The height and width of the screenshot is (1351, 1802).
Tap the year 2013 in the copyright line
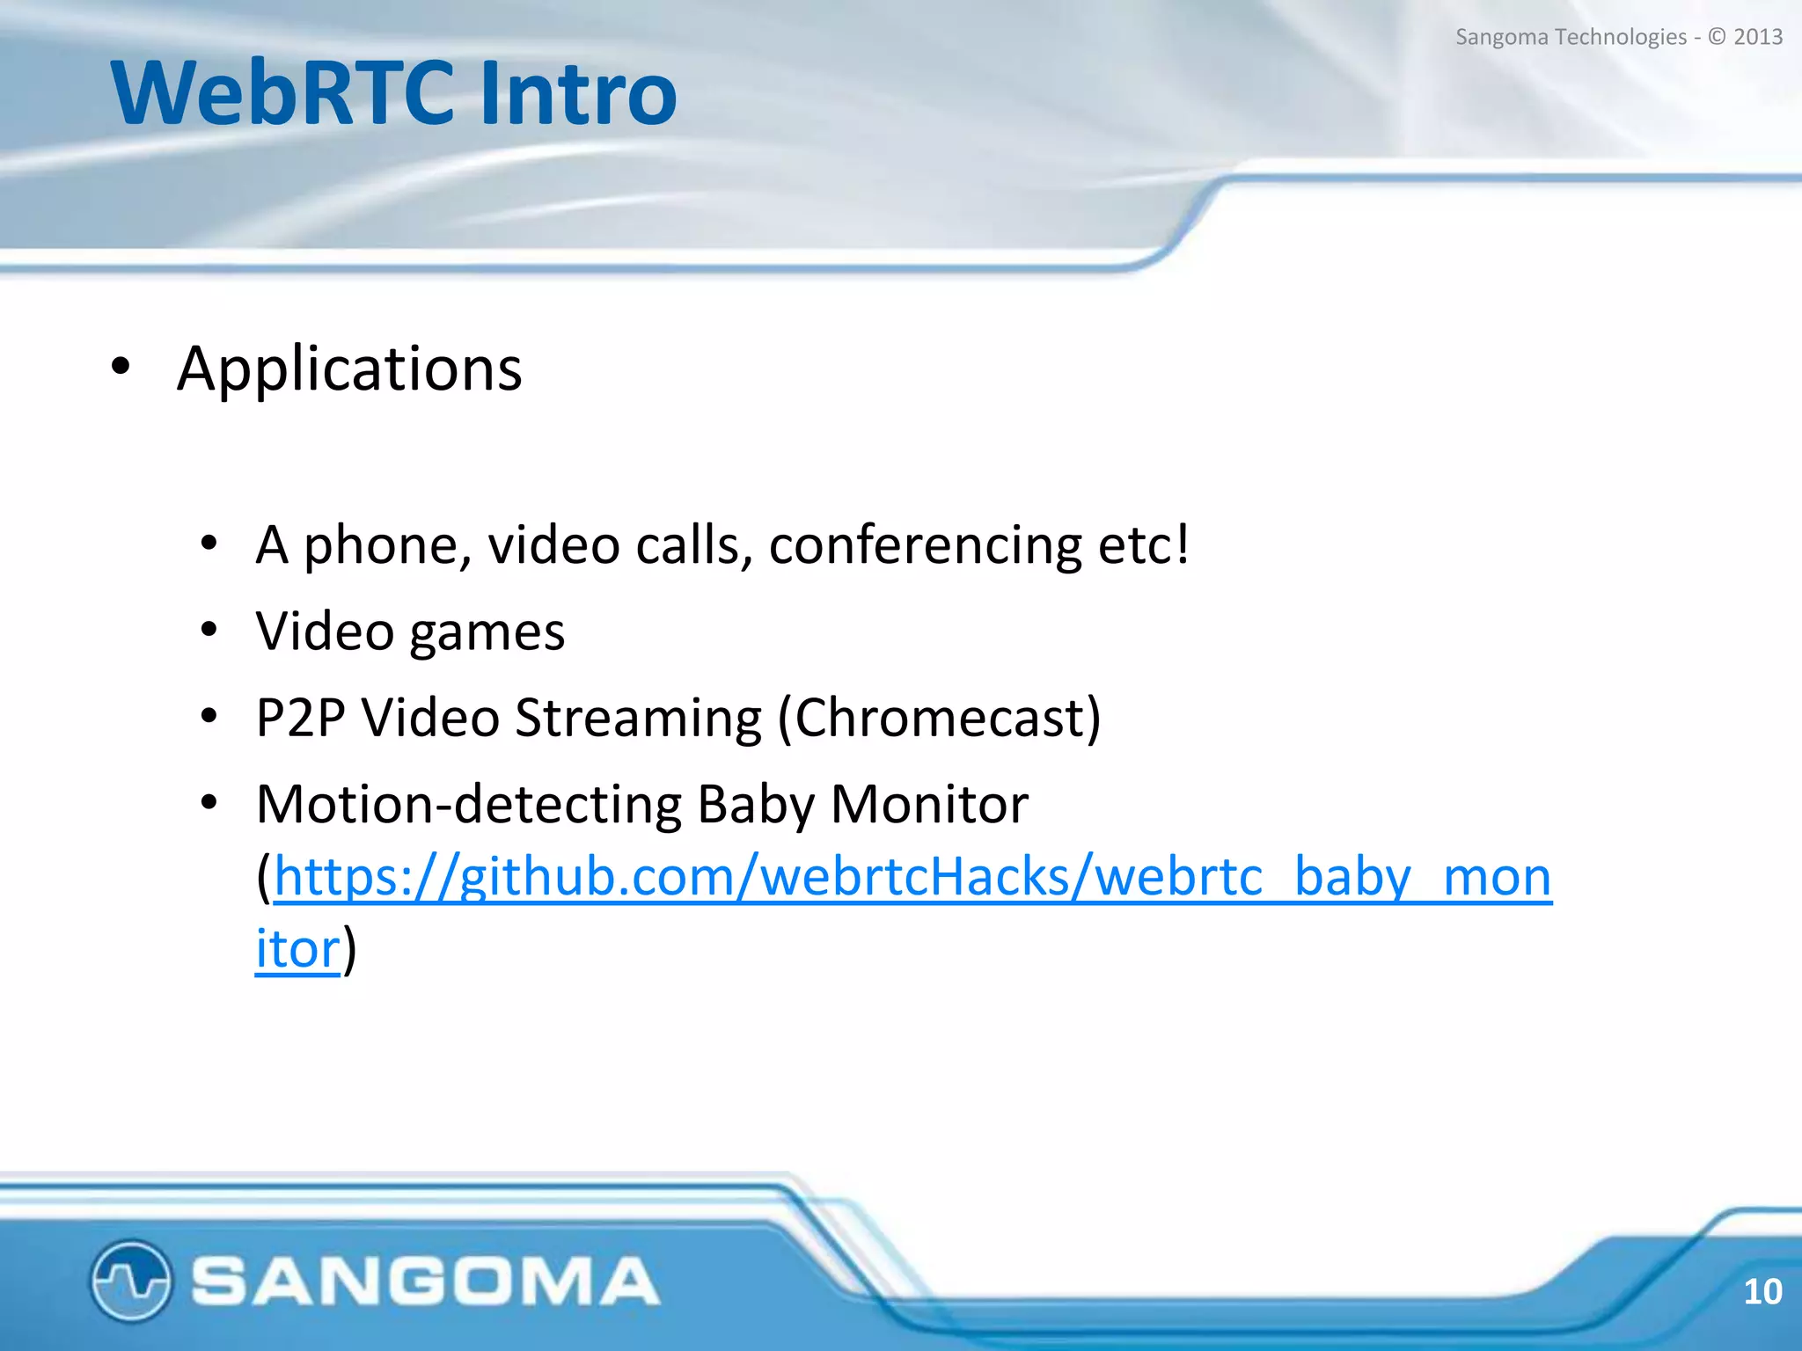click(x=1757, y=37)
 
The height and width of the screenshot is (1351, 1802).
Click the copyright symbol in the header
click(x=1717, y=37)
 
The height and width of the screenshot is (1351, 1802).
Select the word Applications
click(x=349, y=369)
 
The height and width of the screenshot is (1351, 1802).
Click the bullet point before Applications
click(x=121, y=367)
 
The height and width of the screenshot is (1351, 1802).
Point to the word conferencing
click(x=925, y=544)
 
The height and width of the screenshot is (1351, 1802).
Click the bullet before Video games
click(x=209, y=630)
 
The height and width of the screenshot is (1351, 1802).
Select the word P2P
click(x=300, y=718)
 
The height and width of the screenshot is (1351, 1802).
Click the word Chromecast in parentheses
click(x=940, y=718)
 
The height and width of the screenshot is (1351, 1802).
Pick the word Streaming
click(x=638, y=718)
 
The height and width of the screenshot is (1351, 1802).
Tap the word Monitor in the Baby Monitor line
click(x=929, y=804)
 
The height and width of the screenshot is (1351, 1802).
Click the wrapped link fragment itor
click(x=297, y=949)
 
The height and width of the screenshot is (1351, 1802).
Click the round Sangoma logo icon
click(x=130, y=1280)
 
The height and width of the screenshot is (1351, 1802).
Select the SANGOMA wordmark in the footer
click(x=425, y=1281)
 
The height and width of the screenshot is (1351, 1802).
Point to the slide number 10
click(x=1762, y=1291)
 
